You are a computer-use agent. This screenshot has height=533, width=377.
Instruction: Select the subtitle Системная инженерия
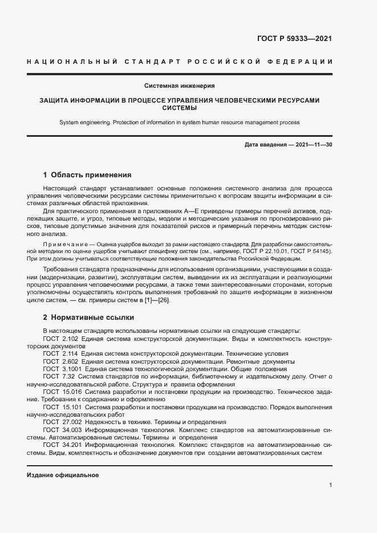[179, 86]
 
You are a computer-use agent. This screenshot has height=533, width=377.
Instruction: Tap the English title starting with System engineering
[179, 122]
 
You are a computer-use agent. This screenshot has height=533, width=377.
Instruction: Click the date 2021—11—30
[314, 145]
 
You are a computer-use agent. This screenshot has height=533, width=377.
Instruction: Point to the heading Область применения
[91, 175]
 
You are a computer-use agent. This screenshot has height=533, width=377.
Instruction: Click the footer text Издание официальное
[63, 475]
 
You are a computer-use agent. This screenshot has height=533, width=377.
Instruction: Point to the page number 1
[330, 485]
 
